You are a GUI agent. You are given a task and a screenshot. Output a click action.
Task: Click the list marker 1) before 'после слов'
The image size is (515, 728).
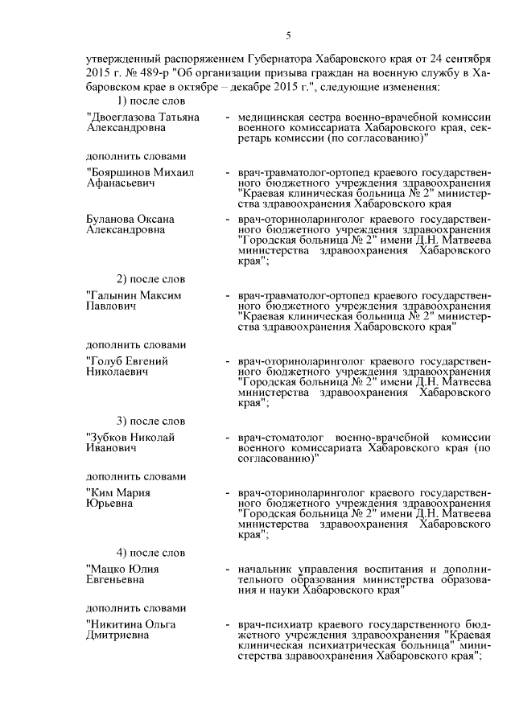[122, 101]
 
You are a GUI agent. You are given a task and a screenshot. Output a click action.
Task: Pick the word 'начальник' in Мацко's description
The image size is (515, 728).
[265, 569]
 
